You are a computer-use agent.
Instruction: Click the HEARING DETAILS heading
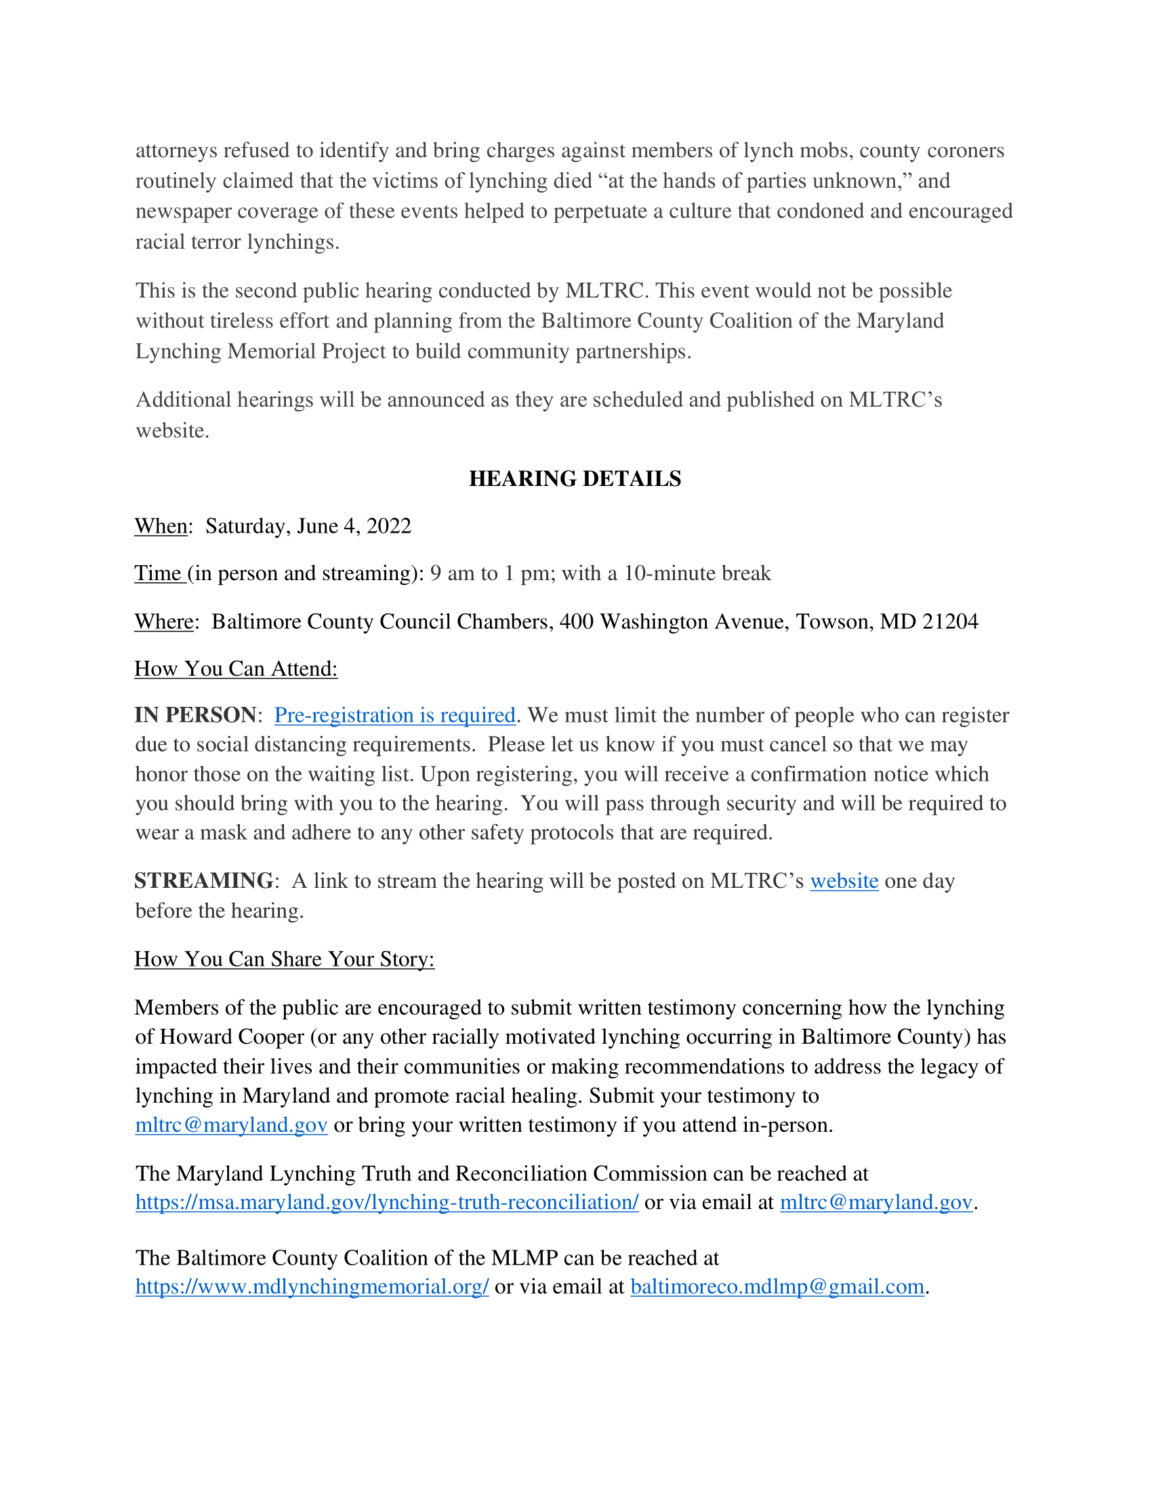click(x=575, y=478)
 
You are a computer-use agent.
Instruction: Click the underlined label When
click(x=161, y=527)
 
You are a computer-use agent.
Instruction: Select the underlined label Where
click(x=164, y=622)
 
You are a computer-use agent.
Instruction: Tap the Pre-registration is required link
click(x=394, y=715)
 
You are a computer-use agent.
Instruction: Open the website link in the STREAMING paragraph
click(x=844, y=880)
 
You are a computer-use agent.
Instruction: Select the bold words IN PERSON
click(x=195, y=715)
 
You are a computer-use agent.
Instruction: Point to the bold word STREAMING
click(x=204, y=880)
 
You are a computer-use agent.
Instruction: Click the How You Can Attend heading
click(x=236, y=668)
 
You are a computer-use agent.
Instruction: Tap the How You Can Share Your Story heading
click(x=285, y=959)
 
